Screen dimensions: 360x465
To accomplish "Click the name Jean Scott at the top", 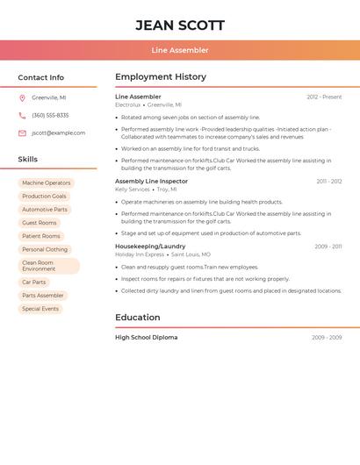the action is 180,25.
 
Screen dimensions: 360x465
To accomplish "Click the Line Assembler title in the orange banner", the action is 180,50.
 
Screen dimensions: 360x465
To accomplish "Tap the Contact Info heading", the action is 41,77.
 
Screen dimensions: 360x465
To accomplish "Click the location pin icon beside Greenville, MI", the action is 22,98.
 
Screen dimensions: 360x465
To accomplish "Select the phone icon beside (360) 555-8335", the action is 22,116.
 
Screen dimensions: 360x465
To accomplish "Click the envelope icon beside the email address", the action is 22,133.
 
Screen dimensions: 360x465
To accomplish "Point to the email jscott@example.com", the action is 59,133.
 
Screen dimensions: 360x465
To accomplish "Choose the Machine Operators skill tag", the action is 47,183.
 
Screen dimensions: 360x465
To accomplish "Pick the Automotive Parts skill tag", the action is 45,210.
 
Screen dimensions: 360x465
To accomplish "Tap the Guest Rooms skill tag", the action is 40,223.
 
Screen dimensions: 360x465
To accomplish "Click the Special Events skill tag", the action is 40,309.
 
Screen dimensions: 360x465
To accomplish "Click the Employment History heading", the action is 161,77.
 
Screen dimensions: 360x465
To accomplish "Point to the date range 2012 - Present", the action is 324,97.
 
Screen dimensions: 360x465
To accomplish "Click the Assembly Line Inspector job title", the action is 151,181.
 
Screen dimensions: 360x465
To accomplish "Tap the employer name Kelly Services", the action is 133,190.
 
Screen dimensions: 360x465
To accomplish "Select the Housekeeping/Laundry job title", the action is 150,247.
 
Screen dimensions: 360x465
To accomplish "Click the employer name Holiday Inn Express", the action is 140,254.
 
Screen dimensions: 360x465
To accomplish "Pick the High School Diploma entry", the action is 146,337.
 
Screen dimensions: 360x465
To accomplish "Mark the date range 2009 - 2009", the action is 327,338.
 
